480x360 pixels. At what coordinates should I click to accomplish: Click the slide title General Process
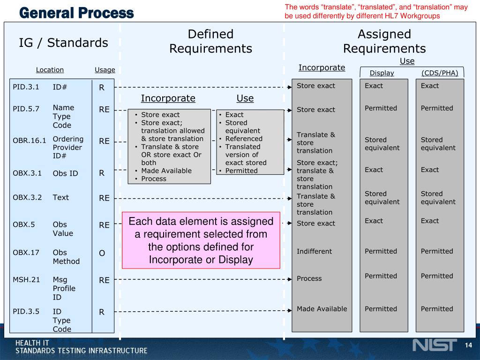[76, 13]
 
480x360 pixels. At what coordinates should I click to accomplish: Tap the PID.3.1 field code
[26, 87]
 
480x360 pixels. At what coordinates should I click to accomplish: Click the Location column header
[50, 70]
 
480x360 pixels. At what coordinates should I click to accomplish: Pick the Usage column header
[105, 70]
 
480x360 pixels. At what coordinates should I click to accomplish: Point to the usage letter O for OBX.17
[102, 253]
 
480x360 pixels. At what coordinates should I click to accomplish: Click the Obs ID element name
[65, 173]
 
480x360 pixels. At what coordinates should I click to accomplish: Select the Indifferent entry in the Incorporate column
[314, 251]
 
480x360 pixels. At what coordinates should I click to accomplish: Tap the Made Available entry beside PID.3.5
[322, 308]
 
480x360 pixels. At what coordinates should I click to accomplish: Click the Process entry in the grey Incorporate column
[309, 278]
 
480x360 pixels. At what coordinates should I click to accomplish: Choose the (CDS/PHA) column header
[440, 73]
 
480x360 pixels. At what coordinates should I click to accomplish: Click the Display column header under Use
[382, 73]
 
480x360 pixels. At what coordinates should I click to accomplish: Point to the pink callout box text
[201, 240]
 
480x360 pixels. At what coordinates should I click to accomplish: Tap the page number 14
[468, 345]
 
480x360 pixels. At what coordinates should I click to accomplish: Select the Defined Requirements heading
[210, 41]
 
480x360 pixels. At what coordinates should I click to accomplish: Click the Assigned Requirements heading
[384, 41]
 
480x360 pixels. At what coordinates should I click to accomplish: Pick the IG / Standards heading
[63, 43]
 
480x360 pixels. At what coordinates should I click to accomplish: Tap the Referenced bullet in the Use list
[244, 139]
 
